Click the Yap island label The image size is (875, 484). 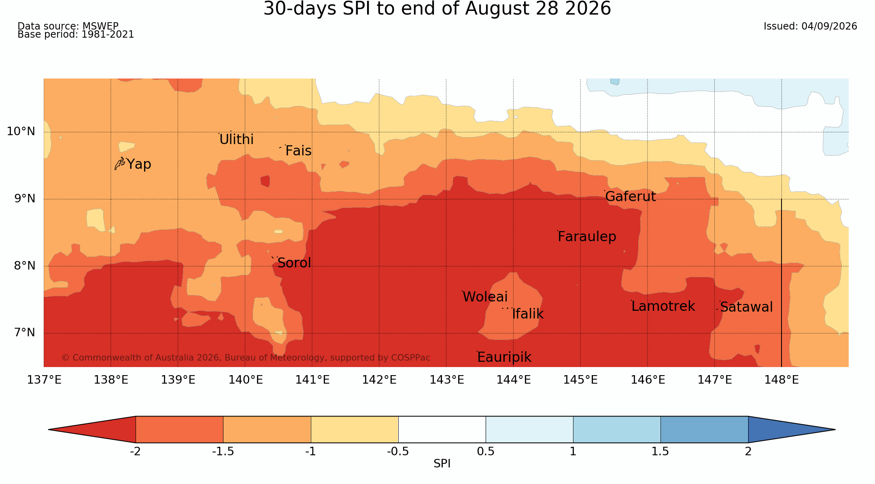(x=139, y=164)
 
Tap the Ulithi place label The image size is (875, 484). (x=236, y=140)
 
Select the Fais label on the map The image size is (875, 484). (x=298, y=151)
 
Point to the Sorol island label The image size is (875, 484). (x=294, y=263)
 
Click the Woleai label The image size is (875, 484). (x=485, y=297)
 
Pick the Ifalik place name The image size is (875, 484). (x=528, y=314)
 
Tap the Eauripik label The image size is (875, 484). (x=504, y=357)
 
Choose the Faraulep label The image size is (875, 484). (x=587, y=237)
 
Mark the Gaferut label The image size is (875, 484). (x=631, y=197)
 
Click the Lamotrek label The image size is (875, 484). (x=663, y=306)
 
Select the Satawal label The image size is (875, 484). (x=746, y=307)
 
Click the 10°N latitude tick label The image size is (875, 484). (x=21, y=132)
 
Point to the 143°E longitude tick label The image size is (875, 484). (x=446, y=380)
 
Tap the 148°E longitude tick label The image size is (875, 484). (x=782, y=380)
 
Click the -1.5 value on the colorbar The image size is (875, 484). (x=223, y=452)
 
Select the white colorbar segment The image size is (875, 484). (x=442, y=429)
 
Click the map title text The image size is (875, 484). (x=437, y=9)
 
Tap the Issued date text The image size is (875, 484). (x=810, y=26)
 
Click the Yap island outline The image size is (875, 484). (x=119, y=163)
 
